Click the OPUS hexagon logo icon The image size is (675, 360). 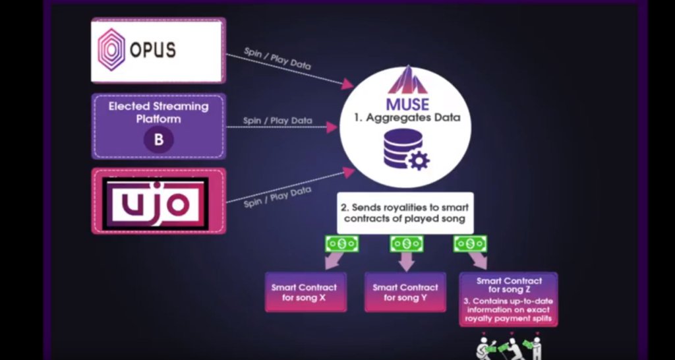(111, 49)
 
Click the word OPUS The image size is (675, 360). (153, 50)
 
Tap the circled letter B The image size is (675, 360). (158, 140)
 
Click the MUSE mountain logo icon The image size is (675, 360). (407, 80)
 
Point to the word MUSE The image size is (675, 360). (407, 105)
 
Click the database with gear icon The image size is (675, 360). (406, 150)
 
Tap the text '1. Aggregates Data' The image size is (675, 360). (407, 118)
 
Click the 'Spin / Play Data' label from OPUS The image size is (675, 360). (278, 58)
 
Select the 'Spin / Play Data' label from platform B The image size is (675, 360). (278, 121)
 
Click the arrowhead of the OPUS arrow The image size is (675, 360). (348, 84)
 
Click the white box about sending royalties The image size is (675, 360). (405, 213)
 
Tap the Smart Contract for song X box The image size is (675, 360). (306, 292)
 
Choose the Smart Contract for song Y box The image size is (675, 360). (405, 292)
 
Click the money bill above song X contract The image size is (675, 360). (342, 244)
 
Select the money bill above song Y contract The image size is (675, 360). (406, 244)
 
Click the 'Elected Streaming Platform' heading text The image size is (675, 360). (158, 112)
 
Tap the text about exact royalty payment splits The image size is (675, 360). (508, 310)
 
